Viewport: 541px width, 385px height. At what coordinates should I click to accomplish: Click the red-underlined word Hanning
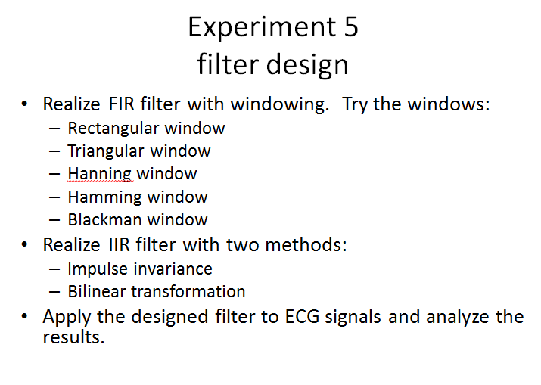(x=100, y=174)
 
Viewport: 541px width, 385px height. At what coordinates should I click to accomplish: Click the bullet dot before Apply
(x=27, y=317)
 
